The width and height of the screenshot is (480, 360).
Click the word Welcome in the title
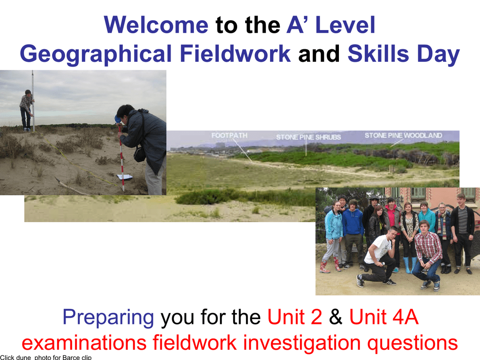[156, 25]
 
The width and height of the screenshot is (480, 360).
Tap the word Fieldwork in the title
[235, 54]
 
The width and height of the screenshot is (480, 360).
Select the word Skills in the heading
[378, 54]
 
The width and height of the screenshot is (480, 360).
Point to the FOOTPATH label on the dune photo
[229, 135]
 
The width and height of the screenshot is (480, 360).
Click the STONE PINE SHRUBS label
[308, 137]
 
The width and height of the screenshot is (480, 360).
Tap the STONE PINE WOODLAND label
[403, 135]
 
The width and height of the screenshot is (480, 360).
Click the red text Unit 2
[295, 317]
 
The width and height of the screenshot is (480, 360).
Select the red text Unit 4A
[384, 317]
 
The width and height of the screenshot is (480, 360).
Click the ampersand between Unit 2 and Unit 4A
[336, 317]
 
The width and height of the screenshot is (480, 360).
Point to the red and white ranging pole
[121, 157]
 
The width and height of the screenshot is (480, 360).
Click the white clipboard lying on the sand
[125, 177]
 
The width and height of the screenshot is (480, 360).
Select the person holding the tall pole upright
[27, 110]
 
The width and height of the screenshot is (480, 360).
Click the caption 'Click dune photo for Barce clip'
[46, 357]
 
